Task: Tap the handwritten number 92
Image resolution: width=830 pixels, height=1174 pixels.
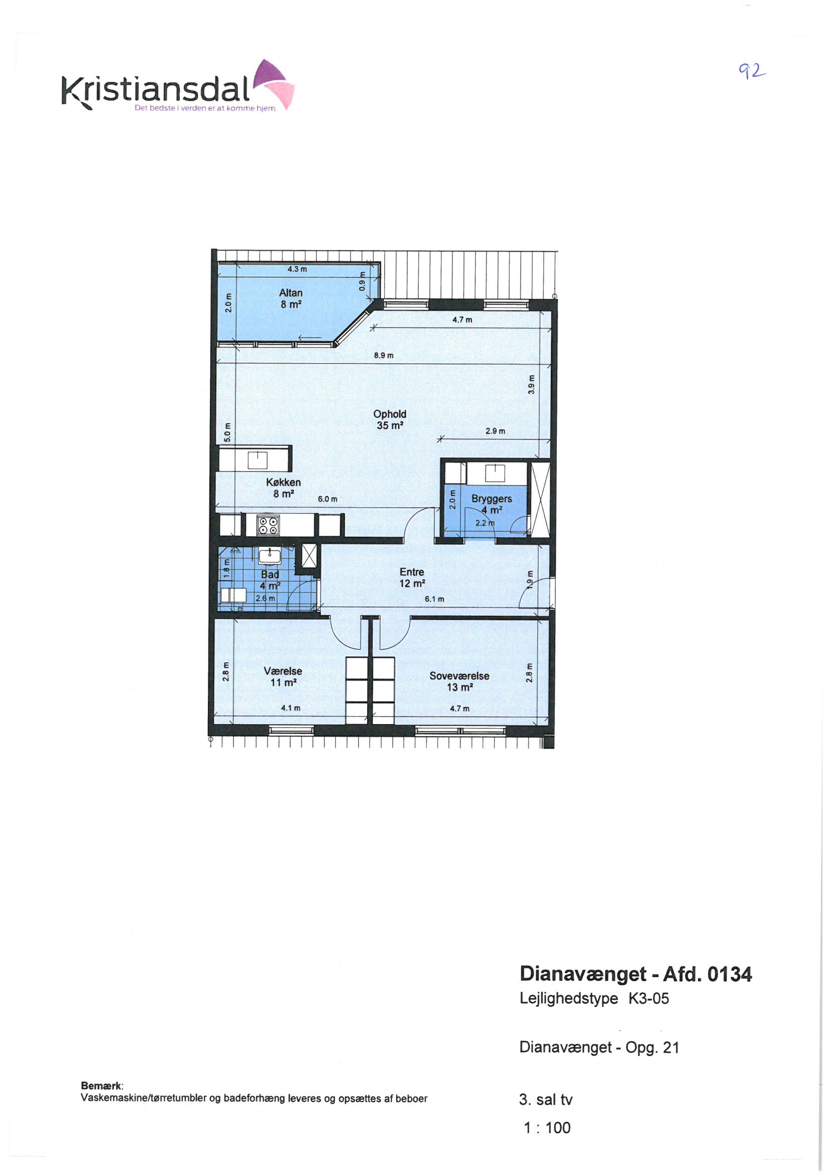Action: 752,71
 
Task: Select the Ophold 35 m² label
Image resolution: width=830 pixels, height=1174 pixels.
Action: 390,420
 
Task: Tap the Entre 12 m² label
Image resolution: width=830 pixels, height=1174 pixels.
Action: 412,578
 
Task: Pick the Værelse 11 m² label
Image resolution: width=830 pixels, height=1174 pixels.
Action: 283,676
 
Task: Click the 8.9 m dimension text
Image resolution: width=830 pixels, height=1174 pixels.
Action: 384,356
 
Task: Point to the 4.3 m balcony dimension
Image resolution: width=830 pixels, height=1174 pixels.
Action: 297,269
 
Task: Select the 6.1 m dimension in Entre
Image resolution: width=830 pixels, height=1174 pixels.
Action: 434,599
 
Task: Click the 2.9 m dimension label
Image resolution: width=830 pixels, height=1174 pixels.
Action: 495,431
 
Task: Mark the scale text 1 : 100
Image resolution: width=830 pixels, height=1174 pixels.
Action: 547,1127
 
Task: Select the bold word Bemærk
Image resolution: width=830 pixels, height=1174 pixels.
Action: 102,1086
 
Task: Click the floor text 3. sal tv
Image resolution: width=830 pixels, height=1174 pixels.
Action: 546,1100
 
